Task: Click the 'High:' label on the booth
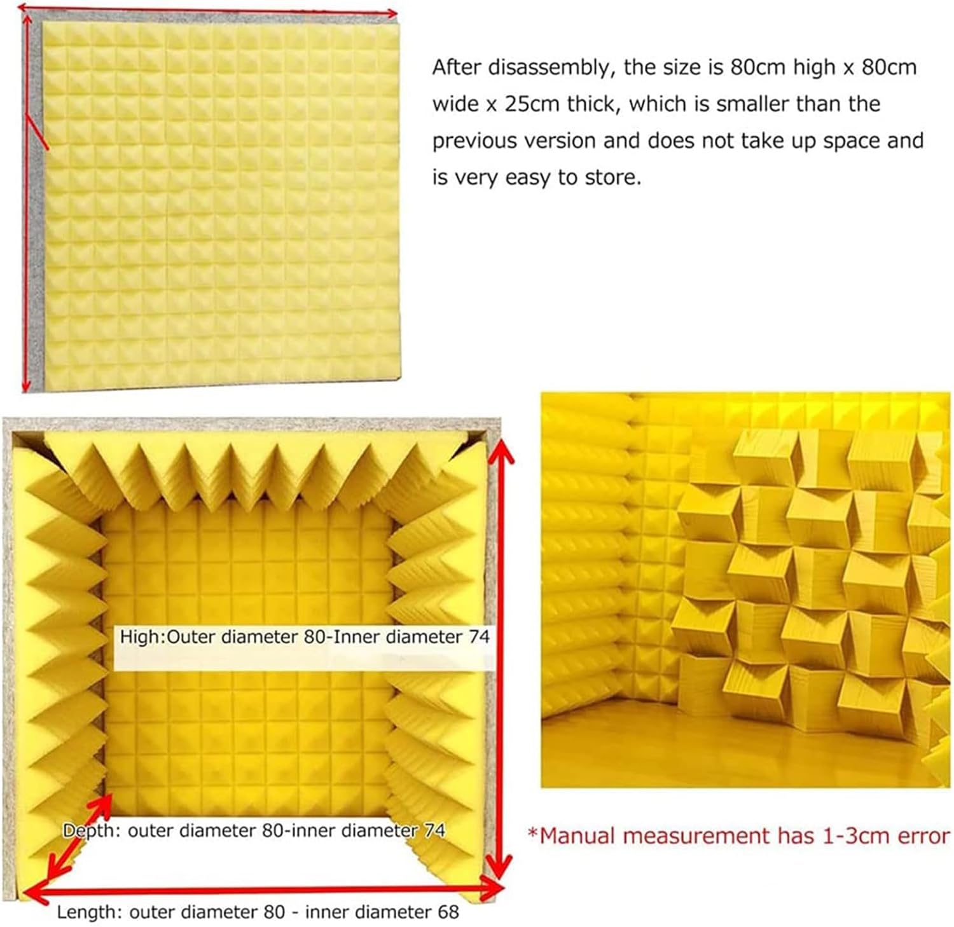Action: pyautogui.click(x=142, y=637)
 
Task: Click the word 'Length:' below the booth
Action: pyautogui.click(x=90, y=912)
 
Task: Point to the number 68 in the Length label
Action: pyautogui.click(x=447, y=912)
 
